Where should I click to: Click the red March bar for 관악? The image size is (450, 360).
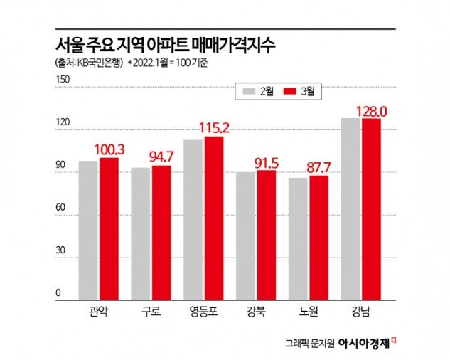pyautogui.click(x=109, y=227)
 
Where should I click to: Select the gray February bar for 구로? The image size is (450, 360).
pyautogui.click(x=141, y=232)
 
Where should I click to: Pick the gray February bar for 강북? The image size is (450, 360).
pyautogui.click(x=246, y=234)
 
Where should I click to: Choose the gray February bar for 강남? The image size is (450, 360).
pyautogui.click(x=350, y=207)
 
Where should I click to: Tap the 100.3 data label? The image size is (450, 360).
pyautogui.click(x=108, y=149)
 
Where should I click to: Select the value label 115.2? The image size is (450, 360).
pyautogui.click(x=213, y=128)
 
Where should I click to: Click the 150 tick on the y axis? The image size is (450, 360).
pyautogui.click(x=63, y=80)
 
